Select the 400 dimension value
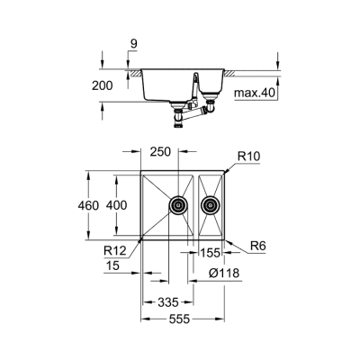(x=118, y=204)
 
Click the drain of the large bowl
(x=178, y=205)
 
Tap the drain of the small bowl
(x=211, y=205)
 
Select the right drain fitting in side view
(x=211, y=112)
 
